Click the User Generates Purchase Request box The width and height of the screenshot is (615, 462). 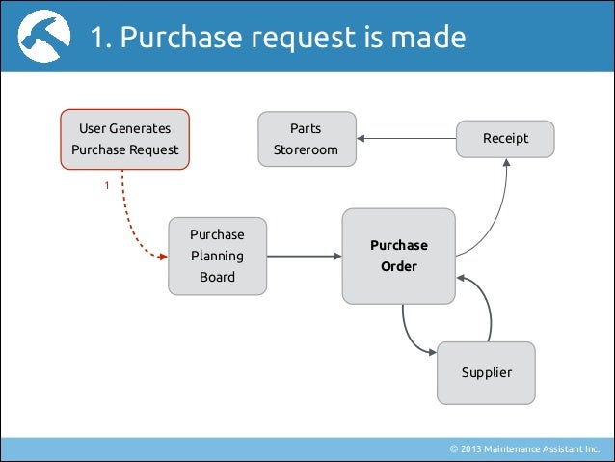[124, 139]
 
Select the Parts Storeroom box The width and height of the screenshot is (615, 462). [306, 139]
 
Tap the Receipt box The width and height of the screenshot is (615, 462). [505, 139]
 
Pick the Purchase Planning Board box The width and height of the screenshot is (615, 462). [216, 256]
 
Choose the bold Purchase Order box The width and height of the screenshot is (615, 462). [398, 256]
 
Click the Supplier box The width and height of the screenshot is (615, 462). [486, 372]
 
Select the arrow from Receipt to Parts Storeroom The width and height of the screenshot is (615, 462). [405, 139]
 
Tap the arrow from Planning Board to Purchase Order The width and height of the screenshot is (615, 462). [303, 256]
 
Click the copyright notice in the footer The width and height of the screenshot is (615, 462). [524, 449]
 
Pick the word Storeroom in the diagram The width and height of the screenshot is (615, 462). [306, 150]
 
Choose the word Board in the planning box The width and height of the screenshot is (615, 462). [216, 278]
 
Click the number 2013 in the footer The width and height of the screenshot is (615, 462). [473, 449]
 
